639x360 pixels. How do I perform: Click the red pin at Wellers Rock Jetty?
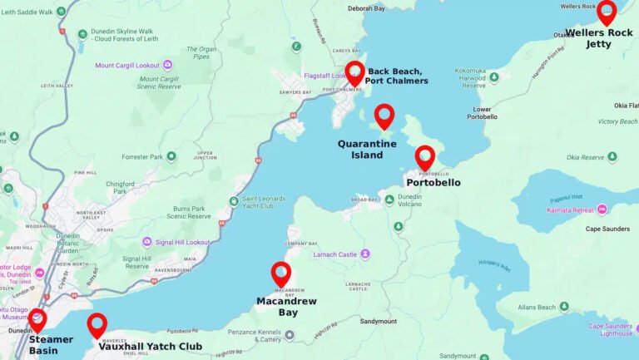pyautogui.click(x=607, y=11)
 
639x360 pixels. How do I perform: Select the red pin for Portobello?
pyautogui.click(x=425, y=156)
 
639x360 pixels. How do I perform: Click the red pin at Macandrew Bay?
pyautogui.click(x=281, y=273)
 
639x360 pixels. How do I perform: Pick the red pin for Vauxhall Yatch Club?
pyautogui.click(x=97, y=324)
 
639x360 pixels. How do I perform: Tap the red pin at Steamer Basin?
pyautogui.click(x=37, y=318)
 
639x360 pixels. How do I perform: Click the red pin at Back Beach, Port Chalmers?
pyautogui.click(x=355, y=72)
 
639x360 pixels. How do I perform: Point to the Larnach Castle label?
pyautogui.click(x=335, y=254)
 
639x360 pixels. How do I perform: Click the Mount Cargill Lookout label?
pyautogui.click(x=127, y=65)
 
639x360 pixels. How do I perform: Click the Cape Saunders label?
pyautogui.click(x=607, y=229)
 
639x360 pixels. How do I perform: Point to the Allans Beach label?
pyautogui.click(x=537, y=308)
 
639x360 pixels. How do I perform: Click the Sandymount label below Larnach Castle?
pyautogui.click(x=379, y=321)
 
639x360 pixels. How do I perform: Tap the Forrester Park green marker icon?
pyautogui.click(x=171, y=156)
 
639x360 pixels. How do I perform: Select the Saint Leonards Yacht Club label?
pyautogui.click(x=270, y=201)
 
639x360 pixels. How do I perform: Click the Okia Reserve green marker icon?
pyautogui.click(x=612, y=156)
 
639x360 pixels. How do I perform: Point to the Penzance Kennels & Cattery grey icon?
pyautogui.click(x=290, y=335)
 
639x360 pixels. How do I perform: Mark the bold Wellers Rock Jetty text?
pyautogui.click(x=599, y=38)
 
